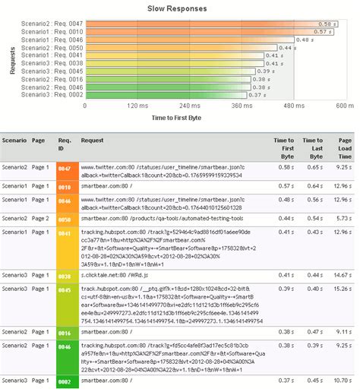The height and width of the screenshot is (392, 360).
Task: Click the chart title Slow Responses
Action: [x=180, y=8]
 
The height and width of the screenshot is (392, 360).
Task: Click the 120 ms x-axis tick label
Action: [x=137, y=106]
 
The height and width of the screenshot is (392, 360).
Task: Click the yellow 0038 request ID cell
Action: [x=65, y=275]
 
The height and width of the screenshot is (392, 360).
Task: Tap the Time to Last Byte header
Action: [x=312, y=144]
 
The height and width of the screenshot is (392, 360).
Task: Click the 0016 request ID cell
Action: [x=65, y=333]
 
